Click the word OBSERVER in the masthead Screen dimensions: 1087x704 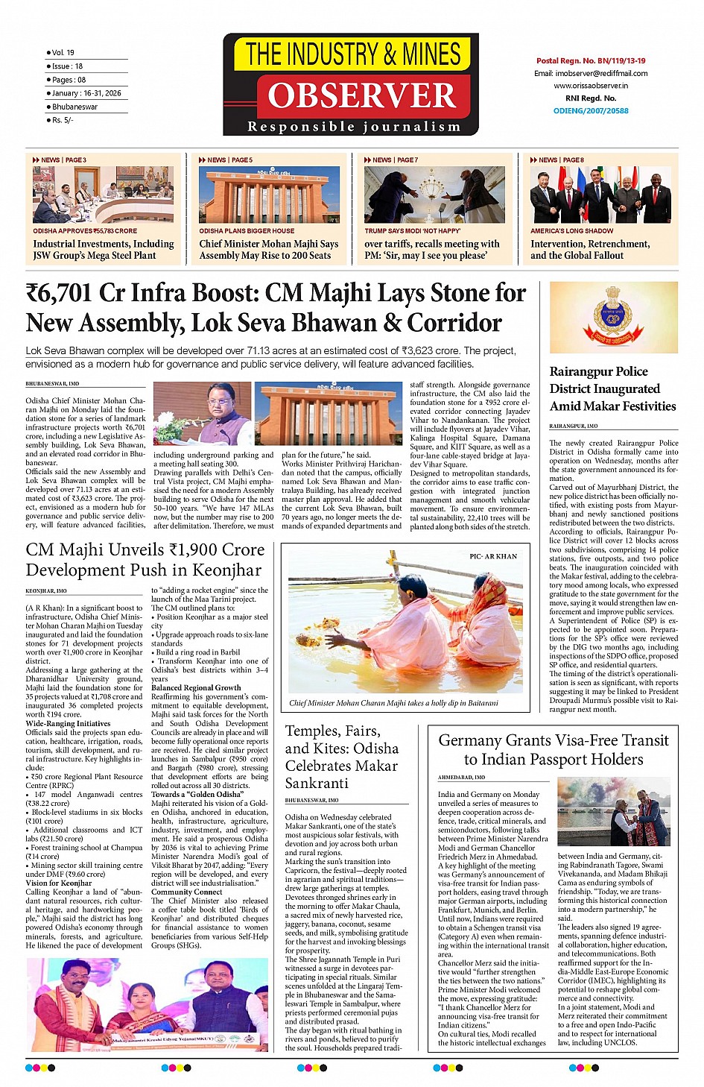[x=362, y=96]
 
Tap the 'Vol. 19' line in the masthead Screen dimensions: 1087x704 [x=63, y=53]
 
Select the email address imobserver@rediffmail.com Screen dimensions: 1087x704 [x=591, y=74]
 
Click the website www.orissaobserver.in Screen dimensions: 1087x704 [x=591, y=86]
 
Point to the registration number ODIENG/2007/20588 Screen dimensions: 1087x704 [x=591, y=111]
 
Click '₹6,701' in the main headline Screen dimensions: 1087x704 [x=61, y=293]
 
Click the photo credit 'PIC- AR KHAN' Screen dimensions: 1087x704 [x=493, y=556]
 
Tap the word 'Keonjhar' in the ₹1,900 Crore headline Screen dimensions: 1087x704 [x=226, y=570]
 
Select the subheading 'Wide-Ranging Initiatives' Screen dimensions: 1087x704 [x=68, y=723]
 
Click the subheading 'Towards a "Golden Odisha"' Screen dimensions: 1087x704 [x=197, y=794]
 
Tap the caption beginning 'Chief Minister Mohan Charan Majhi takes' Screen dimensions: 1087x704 [x=393, y=703]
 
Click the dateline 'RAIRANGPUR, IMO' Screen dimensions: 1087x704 [x=574, y=426]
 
